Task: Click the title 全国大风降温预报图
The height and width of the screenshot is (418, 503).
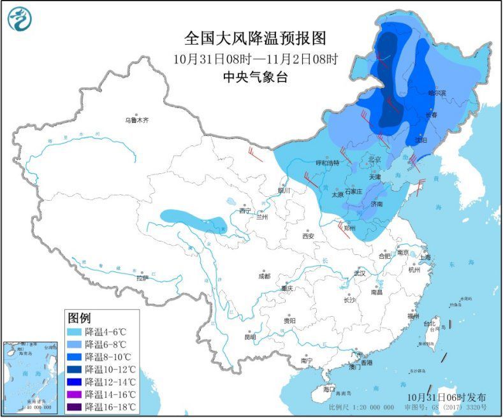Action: point(255,39)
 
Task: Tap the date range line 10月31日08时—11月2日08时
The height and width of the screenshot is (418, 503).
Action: point(255,59)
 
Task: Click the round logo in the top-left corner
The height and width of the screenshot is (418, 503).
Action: point(20,19)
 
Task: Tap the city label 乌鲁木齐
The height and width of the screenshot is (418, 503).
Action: point(136,119)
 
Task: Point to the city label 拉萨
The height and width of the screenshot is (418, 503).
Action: point(142,278)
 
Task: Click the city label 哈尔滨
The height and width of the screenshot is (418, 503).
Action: point(437,93)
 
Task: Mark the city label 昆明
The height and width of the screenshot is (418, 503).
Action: point(250,336)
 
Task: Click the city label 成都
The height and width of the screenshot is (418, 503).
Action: point(264,276)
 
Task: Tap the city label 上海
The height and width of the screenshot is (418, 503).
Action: point(424,257)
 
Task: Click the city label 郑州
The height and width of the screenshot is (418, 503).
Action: point(349,227)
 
